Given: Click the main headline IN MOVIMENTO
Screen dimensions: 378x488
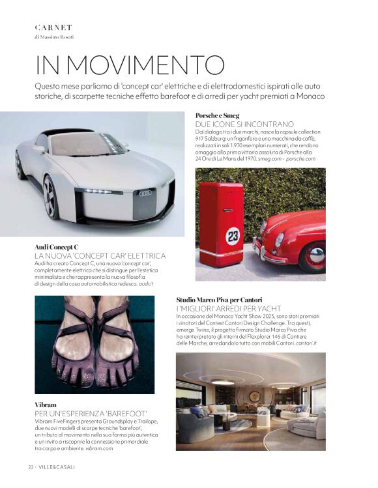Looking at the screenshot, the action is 130,65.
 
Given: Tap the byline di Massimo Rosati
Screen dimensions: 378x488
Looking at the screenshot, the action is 54,37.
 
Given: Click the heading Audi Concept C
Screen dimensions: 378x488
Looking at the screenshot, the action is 57,248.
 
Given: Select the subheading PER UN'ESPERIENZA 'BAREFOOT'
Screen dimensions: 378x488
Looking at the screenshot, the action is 91,414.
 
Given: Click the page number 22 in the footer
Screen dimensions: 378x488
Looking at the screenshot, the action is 31,466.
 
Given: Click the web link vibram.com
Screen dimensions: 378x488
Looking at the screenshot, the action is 99,448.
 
